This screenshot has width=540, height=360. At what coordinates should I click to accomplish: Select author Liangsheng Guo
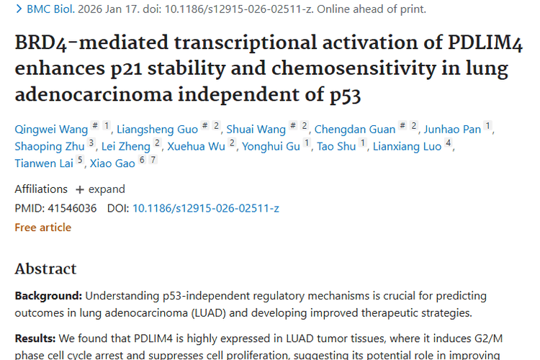point(157,130)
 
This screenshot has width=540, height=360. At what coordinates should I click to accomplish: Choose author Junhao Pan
point(451,130)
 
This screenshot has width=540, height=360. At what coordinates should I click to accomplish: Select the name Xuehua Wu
point(196,147)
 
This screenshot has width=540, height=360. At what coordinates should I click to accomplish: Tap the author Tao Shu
point(337,147)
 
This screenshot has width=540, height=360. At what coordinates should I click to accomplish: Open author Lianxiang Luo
point(406,147)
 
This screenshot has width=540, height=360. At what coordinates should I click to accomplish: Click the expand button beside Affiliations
point(100,189)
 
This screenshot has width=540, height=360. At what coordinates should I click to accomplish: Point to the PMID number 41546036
point(71,209)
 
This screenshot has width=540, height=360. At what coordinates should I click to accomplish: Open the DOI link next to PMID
point(206,209)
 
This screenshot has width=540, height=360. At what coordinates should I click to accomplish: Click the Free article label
point(43,228)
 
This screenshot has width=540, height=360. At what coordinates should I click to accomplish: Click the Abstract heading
point(45,269)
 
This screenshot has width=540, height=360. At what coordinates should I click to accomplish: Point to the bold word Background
point(48,296)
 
